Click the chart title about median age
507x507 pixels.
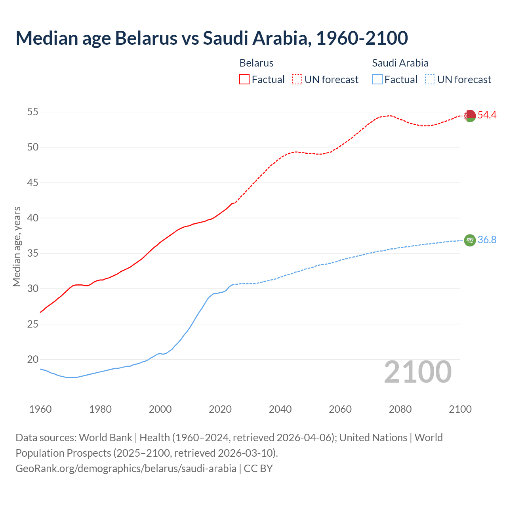coord(212,38)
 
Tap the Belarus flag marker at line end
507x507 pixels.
coord(470,116)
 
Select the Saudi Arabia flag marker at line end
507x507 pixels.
coord(470,240)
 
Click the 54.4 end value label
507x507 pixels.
coord(487,115)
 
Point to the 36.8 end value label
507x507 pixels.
coord(487,240)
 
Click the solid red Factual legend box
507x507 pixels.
coord(244,79)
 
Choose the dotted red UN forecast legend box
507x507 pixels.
coord(297,79)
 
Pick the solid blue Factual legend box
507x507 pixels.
coord(377,79)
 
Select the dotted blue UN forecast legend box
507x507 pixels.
coord(430,79)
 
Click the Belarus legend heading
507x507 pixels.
coord(256,63)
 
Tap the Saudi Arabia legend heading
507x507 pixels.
coord(400,63)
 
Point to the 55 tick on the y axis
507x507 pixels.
coord(32,112)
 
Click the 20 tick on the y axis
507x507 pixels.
coord(32,360)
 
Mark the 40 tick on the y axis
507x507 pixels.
coord(32,218)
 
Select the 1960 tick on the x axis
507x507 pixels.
coord(40,409)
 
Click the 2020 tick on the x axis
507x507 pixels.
coord(220,409)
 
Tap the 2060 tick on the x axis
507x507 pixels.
coord(340,409)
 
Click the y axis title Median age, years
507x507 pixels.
coord(17,246)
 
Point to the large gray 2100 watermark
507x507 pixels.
coord(417,372)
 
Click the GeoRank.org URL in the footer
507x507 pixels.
coord(126,469)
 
